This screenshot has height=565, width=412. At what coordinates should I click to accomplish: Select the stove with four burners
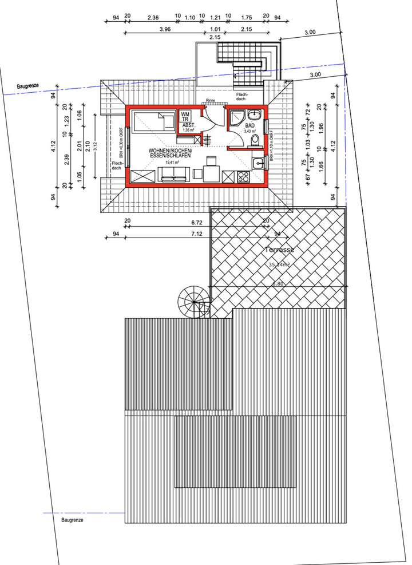coord(243,176)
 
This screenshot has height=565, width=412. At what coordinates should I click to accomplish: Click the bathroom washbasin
coord(259,116)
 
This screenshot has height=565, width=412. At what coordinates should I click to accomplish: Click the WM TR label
coord(185,117)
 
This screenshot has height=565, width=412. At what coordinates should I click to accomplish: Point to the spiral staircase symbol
coord(193,301)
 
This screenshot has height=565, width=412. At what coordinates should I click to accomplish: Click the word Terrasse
coord(279,250)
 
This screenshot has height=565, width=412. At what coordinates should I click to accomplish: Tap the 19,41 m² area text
coord(172,163)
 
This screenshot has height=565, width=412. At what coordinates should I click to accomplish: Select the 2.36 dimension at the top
coord(153,17)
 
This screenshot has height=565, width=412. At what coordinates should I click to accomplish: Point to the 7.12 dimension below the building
coord(197,234)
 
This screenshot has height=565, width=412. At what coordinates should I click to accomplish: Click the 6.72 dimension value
coord(197,222)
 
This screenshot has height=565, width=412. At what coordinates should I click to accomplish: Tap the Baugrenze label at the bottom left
coord(72,520)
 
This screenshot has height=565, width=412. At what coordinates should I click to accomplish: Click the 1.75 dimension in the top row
coord(247,17)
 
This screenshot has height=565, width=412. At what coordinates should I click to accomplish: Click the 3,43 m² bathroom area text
coord(248,131)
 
